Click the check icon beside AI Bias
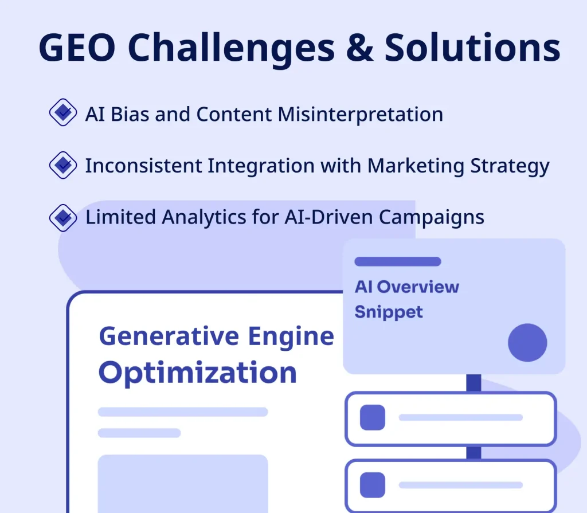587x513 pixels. click(63, 113)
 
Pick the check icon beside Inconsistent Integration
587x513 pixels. click(63, 166)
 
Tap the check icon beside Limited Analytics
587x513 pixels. click(63, 217)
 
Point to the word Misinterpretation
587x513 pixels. click(361, 115)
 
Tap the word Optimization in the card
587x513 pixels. click(197, 373)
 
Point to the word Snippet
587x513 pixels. click(388, 312)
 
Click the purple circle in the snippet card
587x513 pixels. click(527, 343)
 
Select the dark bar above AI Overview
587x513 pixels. click(397, 261)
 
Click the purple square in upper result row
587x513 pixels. click(373, 417)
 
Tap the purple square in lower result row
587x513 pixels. click(373, 485)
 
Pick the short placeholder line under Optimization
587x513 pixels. click(139, 433)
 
